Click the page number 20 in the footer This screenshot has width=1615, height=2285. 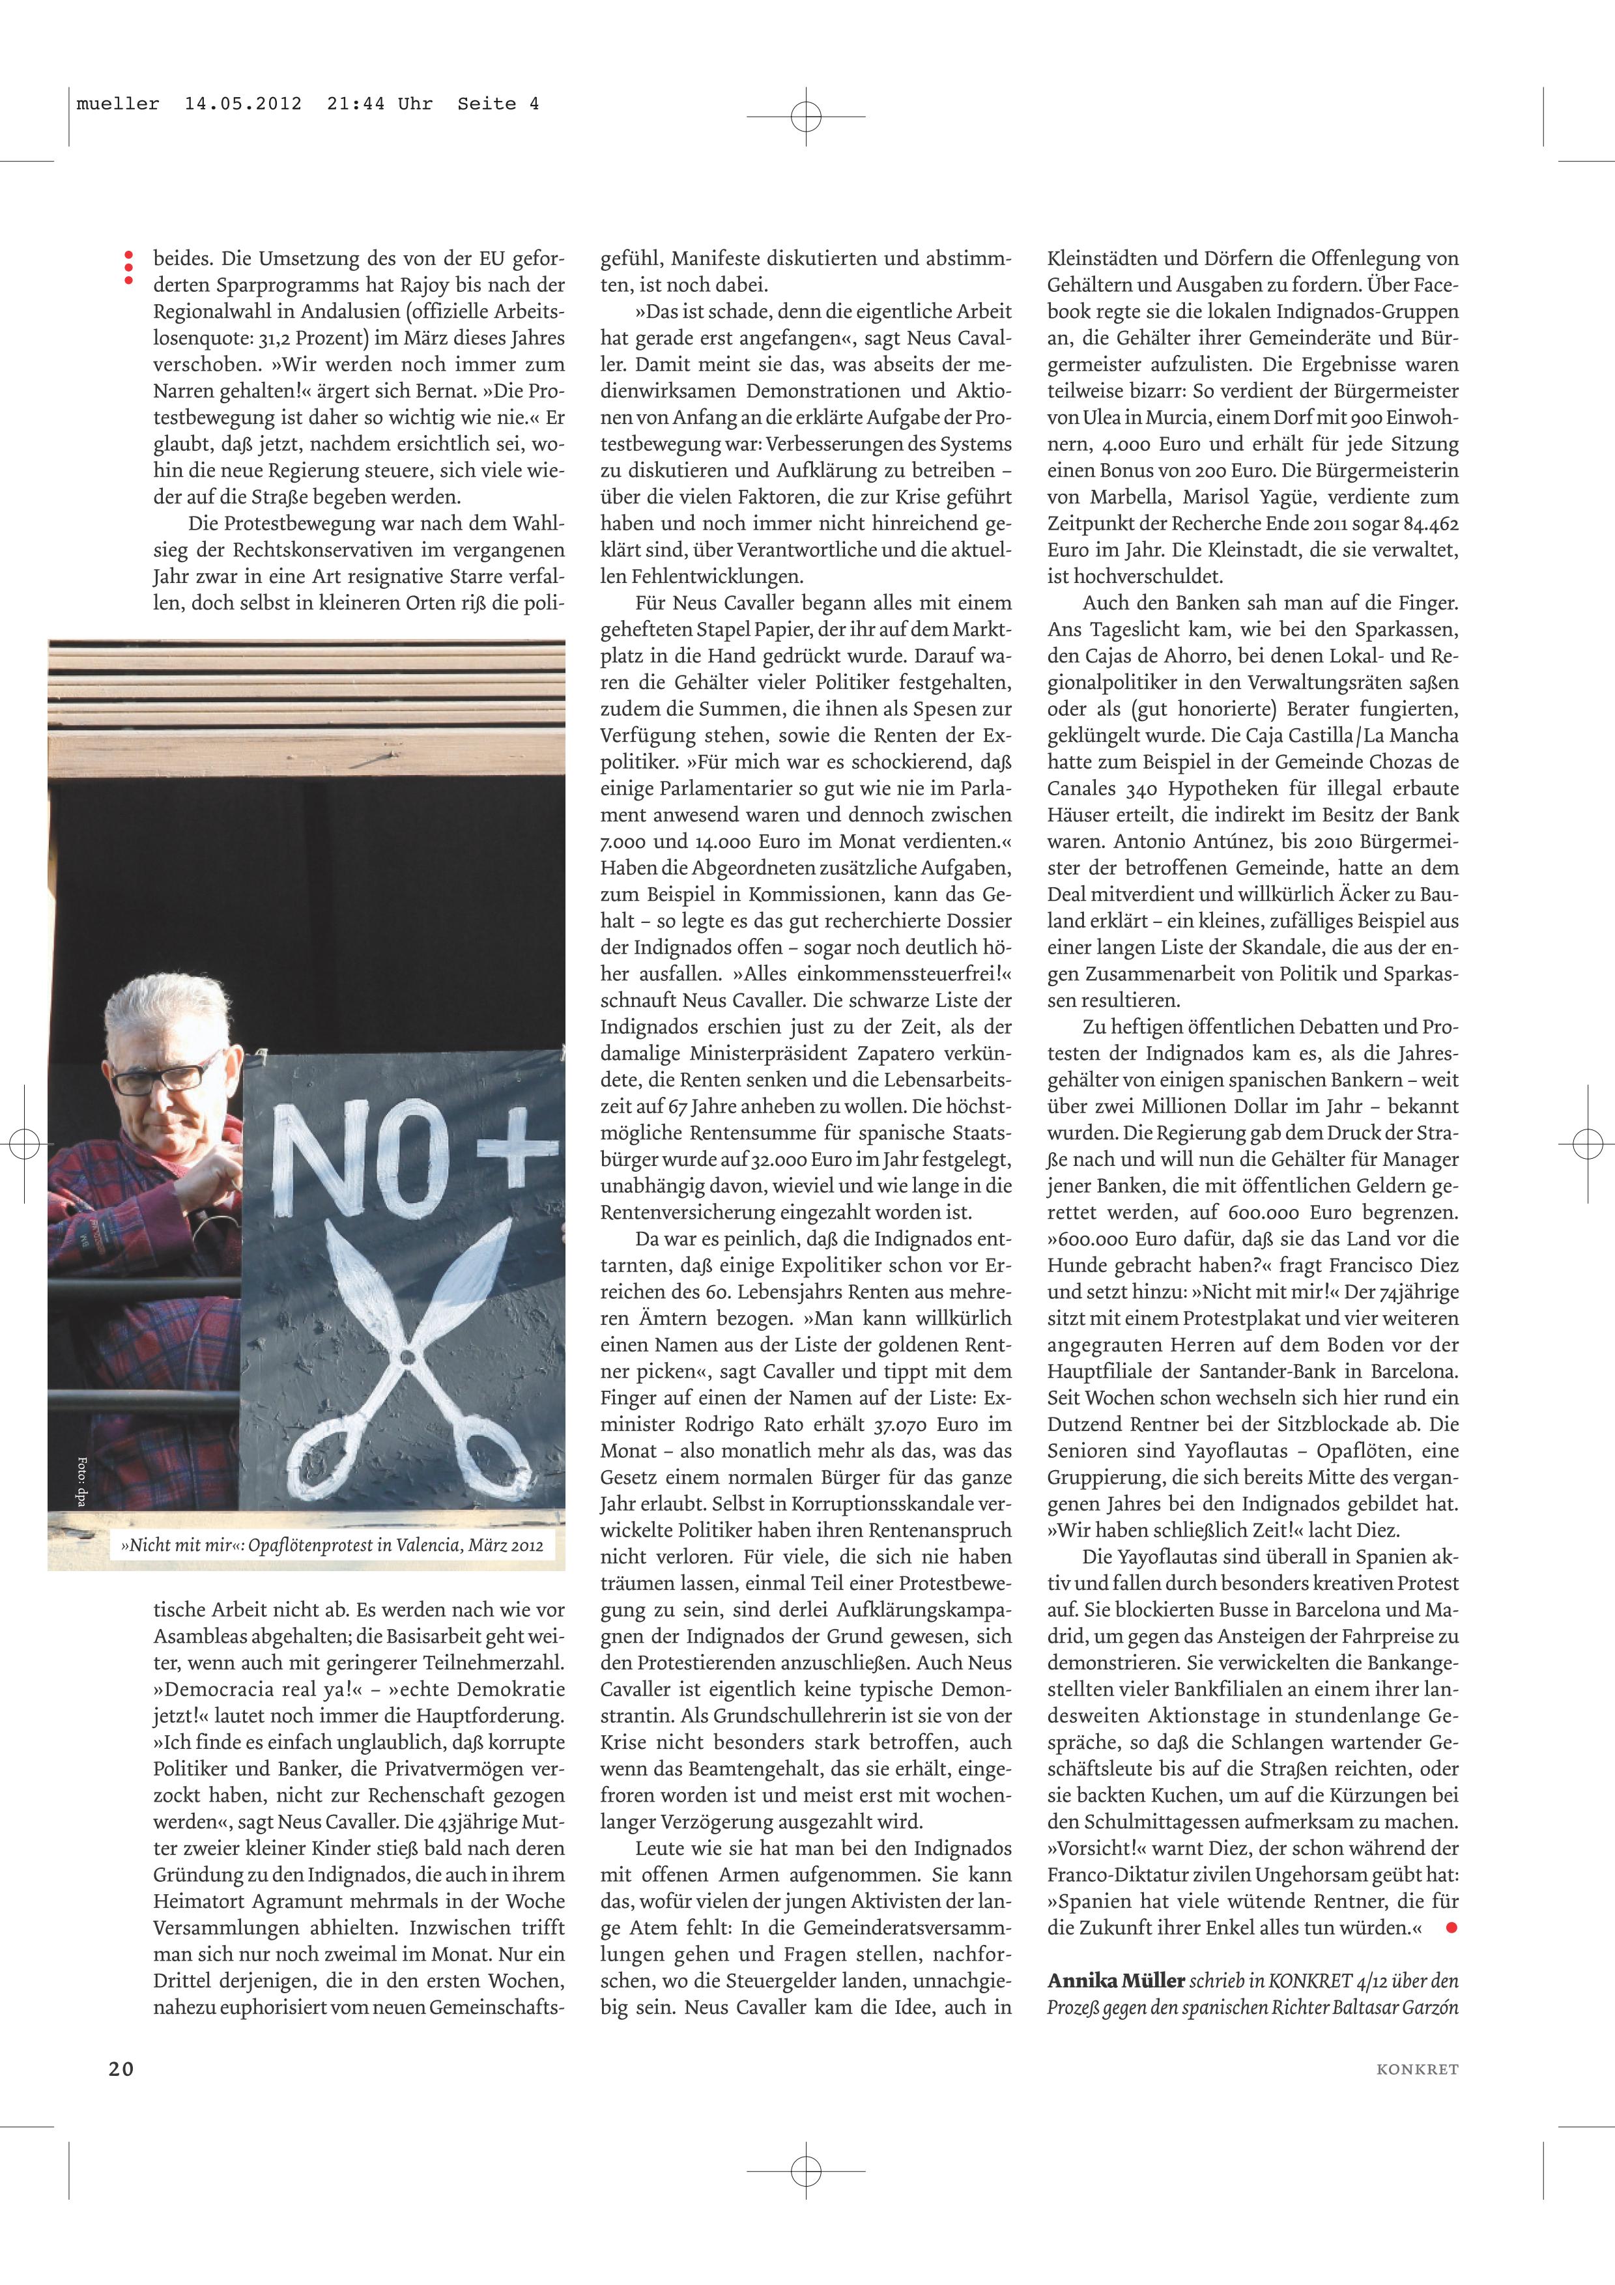[x=121, y=2068]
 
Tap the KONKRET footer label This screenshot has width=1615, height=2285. [x=1417, y=2069]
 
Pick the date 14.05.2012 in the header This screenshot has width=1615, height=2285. [x=243, y=104]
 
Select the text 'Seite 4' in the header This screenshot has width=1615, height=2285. [x=498, y=104]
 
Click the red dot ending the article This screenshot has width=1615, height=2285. [x=1451, y=1927]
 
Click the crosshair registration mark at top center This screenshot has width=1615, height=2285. [x=806, y=117]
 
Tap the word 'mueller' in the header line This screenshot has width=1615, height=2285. [x=117, y=104]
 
